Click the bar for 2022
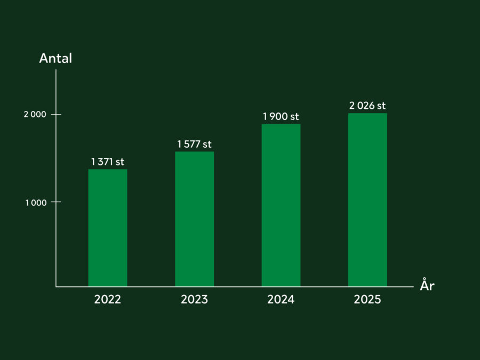click(108, 228)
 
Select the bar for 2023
click(194, 219)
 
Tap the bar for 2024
click(281, 205)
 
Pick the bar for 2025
click(367, 200)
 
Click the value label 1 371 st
click(108, 162)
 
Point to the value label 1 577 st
click(194, 144)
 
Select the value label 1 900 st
click(281, 117)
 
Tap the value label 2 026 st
click(367, 106)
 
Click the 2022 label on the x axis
click(108, 300)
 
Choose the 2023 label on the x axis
click(194, 300)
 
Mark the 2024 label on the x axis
click(281, 300)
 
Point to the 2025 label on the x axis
click(367, 300)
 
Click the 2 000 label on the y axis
click(35, 115)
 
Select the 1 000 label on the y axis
click(36, 202)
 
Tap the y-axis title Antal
click(55, 59)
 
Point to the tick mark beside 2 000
click(56, 115)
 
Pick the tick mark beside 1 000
click(56, 202)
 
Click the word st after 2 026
click(380, 106)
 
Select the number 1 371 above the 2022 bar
click(102, 162)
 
